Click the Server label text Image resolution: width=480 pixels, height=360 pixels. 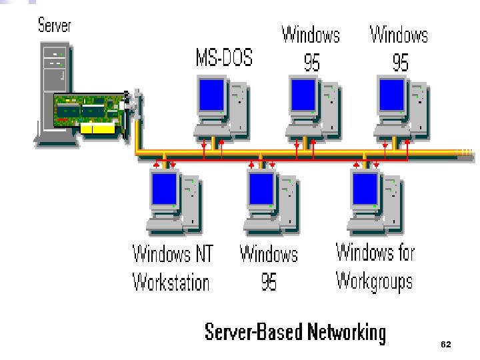point(54,26)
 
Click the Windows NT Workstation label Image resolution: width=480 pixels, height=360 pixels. point(172,268)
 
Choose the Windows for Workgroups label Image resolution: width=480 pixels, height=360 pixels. point(375,267)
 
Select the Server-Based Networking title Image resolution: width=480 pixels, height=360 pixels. point(295,332)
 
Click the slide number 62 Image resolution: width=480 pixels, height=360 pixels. point(446,344)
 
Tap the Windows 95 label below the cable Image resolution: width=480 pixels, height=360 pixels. point(269,268)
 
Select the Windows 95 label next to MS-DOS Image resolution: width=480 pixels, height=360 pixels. point(311,48)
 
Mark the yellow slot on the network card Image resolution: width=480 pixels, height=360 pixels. point(101,128)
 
